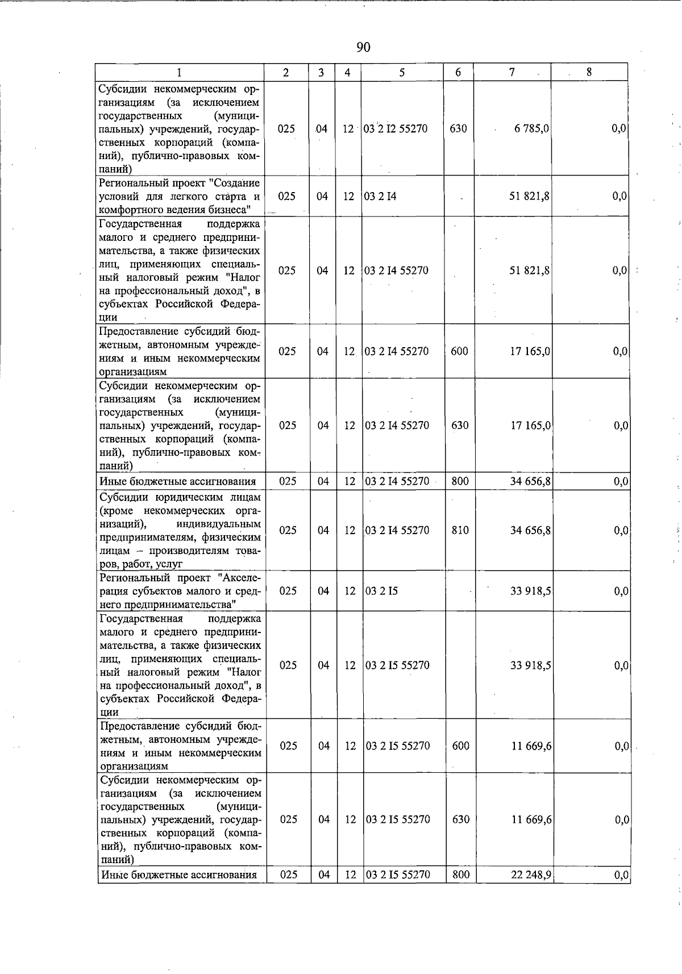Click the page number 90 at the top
click(x=363, y=47)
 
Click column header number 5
click(x=402, y=72)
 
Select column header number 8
click(x=589, y=72)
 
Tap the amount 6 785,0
click(x=531, y=128)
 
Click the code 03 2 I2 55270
click(x=396, y=128)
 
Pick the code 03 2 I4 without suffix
click(x=380, y=196)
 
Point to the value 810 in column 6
click(x=460, y=530)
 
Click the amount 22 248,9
click(x=531, y=875)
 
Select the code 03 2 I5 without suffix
click(x=381, y=591)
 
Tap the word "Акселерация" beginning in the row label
click(x=240, y=578)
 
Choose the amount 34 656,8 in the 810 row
click(x=530, y=530)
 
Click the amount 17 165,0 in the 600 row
click(x=530, y=351)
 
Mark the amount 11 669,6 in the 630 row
click(x=531, y=819)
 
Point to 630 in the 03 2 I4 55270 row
click(x=459, y=425)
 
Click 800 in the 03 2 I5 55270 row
click(x=460, y=875)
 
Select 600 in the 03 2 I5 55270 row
click(x=460, y=746)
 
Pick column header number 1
click(x=180, y=72)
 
